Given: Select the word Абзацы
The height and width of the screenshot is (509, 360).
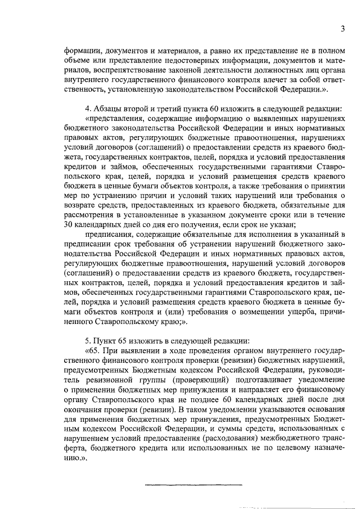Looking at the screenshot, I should click(x=109, y=108).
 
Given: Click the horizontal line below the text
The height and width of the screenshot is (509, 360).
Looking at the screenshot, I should click(x=194, y=484).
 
